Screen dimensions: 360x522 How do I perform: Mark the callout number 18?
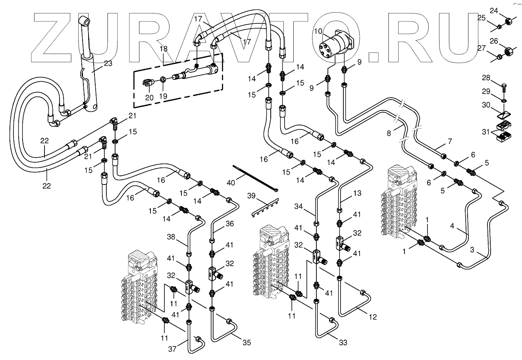pyautogui.click(x=164, y=49)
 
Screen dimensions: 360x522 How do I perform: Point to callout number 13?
pyautogui.click(x=357, y=194)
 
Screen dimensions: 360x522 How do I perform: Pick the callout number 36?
pyautogui.click(x=229, y=224)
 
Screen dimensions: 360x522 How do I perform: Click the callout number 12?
pyautogui.click(x=373, y=317)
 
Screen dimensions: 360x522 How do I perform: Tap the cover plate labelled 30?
pyautogui.click(x=503, y=116)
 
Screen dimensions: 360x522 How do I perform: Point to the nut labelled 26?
pyautogui.click(x=508, y=52)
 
